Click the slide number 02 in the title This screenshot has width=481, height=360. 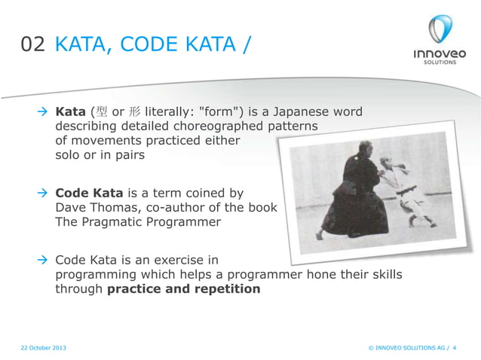coord(33,45)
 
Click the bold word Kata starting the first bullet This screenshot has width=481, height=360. coord(71,112)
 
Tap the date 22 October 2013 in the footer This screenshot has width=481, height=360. coord(44,347)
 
